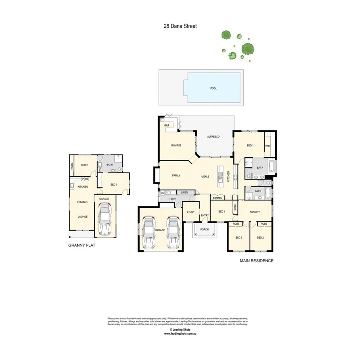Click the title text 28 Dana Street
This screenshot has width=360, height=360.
click(180, 26)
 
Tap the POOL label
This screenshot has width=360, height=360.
click(214, 88)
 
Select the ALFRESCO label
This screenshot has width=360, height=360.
click(213, 137)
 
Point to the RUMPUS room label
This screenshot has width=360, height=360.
click(176, 145)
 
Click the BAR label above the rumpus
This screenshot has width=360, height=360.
click(167, 126)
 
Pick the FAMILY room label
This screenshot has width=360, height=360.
click(176, 176)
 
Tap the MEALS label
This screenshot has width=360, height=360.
click(205, 176)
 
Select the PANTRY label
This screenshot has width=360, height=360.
click(218, 198)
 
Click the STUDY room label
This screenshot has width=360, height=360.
click(190, 212)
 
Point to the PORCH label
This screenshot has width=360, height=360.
click(204, 230)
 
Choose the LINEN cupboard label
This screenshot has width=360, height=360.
click(184, 193)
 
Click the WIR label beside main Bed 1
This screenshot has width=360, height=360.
click(268, 146)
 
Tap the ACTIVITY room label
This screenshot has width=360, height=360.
click(255, 212)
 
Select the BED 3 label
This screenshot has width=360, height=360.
click(239, 238)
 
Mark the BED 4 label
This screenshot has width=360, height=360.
click(222, 212)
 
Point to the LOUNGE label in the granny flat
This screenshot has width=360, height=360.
click(82, 217)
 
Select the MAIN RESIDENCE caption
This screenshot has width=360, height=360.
click(256, 260)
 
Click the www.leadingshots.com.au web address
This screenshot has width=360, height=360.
click(180, 333)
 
